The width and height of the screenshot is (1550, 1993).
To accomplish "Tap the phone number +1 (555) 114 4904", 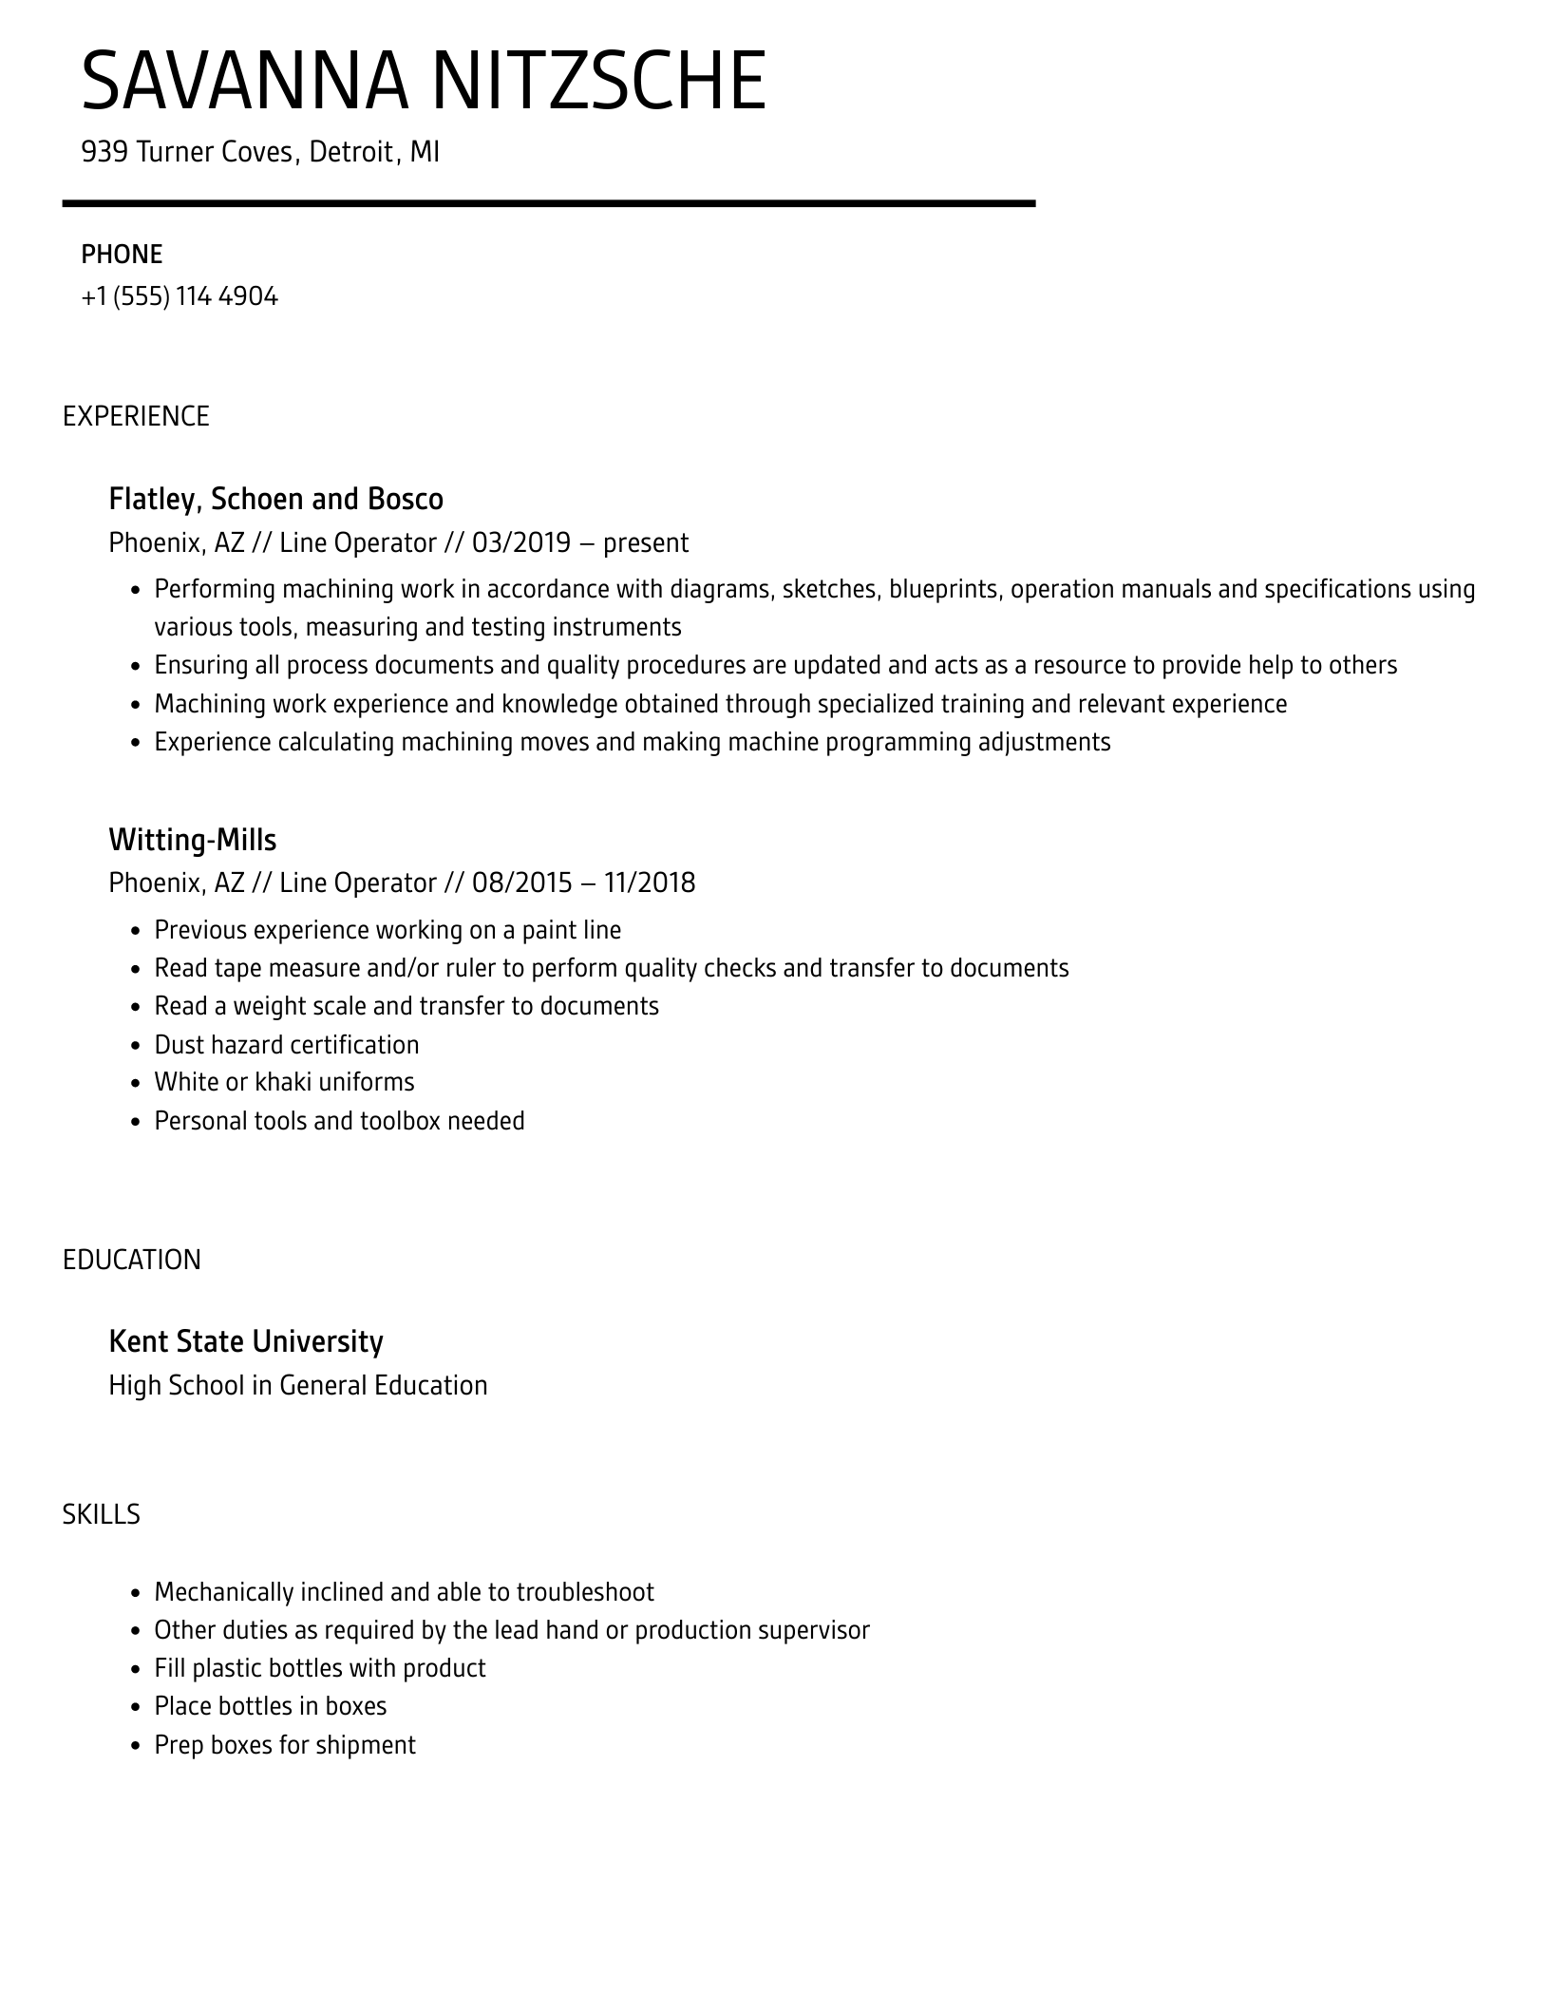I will [x=180, y=296].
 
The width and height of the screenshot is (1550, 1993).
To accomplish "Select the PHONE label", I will [x=122, y=255].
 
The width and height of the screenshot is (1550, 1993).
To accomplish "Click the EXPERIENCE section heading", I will [x=136, y=416].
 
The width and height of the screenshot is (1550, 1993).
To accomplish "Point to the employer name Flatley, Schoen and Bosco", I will [x=275, y=499].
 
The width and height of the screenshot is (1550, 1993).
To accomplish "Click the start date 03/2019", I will [x=521, y=542].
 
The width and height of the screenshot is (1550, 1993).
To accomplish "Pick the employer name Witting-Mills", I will [x=192, y=840].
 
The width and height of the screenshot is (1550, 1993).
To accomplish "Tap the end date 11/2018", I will [x=650, y=883].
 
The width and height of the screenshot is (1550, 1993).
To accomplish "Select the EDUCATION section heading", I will [x=132, y=1260].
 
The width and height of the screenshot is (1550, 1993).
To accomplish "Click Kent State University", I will [x=246, y=1341].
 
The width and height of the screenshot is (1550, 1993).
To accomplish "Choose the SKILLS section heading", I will [x=102, y=1514].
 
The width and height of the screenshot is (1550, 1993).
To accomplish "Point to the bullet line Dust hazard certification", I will [x=286, y=1045].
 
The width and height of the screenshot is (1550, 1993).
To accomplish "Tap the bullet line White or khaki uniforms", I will [x=284, y=1082].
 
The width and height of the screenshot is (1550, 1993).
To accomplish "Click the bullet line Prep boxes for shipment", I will [x=285, y=1745].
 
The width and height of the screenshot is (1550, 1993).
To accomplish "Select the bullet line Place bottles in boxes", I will [x=271, y=1706].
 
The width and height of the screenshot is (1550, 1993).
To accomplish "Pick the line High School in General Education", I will [x=298, y=1385].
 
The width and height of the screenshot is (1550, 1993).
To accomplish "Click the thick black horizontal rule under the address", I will [x=548, y=203].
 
